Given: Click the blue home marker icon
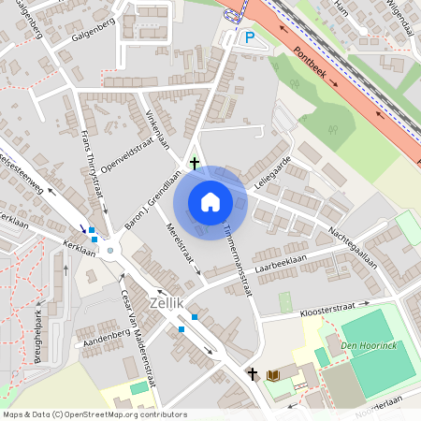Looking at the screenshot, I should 210,201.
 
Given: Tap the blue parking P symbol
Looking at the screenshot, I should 249,37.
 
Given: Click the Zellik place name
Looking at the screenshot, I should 166,302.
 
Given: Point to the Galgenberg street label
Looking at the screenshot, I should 92,36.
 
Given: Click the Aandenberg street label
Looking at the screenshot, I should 104,334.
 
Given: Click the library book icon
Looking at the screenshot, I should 274,375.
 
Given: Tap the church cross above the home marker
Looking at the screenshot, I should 195,164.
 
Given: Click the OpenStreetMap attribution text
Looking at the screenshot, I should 94,414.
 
